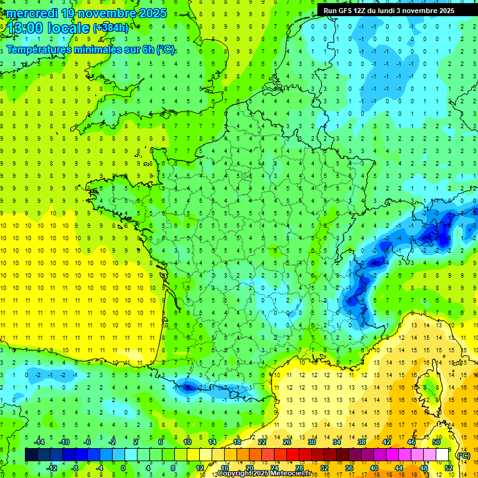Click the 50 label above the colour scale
coord(436,442)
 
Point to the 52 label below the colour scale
coord(449,467)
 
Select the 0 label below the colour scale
coord(123,467)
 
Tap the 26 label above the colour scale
coord(287,442)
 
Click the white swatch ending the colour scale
coord(443,455)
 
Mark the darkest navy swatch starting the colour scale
coord(31,455)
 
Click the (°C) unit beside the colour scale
coord(463,455)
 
